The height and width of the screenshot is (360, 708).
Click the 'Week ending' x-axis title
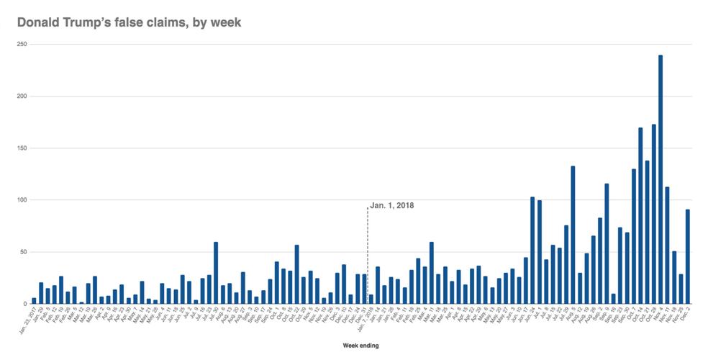tap(360, 346)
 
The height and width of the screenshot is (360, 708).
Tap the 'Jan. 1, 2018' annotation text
tap(392, 206)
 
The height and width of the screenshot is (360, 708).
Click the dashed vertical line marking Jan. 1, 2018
tap(368, 252)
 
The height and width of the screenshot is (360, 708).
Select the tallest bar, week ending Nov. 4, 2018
tap(661, 179)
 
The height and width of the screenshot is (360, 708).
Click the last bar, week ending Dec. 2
tap(688, 256)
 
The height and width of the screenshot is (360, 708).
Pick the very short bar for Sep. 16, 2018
tap(613, 299)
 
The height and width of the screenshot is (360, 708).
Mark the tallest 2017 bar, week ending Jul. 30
tap(216, 273)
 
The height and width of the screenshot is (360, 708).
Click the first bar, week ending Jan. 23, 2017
tap(34, 301)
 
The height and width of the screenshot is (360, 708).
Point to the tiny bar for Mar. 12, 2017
tap(81, 302)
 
